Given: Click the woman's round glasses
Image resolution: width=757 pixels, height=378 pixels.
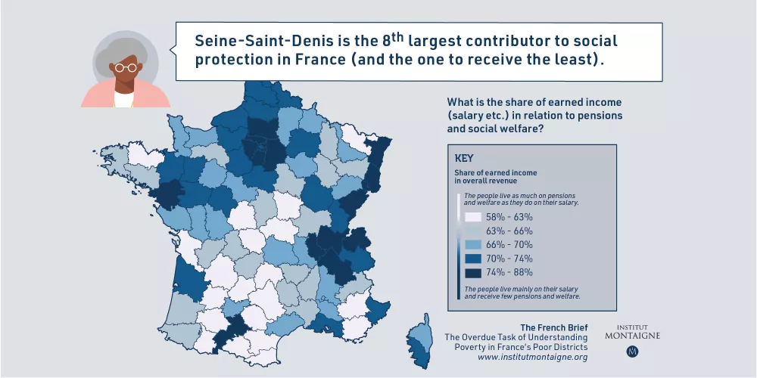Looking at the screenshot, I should pyautogui.click(x=126, y=68).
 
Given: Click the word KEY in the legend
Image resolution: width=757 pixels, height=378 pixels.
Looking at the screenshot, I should pyautogui.click(x=464, y=159).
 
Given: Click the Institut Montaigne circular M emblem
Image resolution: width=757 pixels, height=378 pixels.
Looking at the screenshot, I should pyautogui.click(x=632, y=352).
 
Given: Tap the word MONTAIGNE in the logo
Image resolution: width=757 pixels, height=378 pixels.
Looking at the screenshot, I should pyautogui.click(x=632, y=335).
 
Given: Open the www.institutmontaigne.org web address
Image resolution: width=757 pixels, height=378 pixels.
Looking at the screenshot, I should pyautogui.click(x=532, y=357).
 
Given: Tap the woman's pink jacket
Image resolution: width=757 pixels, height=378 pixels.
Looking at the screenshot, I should pyautogui.click(x=95, y=97).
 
